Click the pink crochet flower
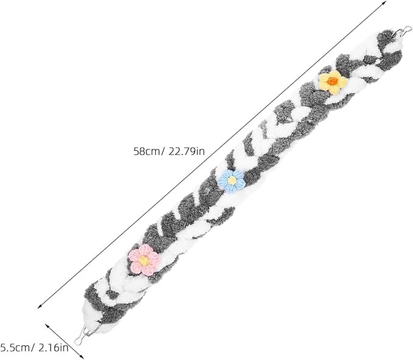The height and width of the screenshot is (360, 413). pyautogui.click(x=144, y=260)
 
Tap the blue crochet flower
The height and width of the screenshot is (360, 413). pyautogui.click(x=232, y=181)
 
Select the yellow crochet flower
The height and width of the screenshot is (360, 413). pyautogui.click(x=333, y=82)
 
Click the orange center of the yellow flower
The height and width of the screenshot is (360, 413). pyautogui.click(x=333, y=81)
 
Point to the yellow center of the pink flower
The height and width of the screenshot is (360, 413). pyautogui.click(x=144, y=261)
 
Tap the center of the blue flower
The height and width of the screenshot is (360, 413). pyautogui.click(x=232, y=181)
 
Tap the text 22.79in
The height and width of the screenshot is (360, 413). pyautogui.click(x=187, y=151)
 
